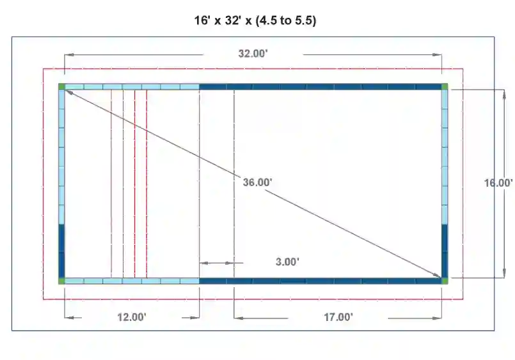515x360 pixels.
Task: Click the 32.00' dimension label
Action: click(253, 54)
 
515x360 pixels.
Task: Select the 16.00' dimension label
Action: click(498, 183)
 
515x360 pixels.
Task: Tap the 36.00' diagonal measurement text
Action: click(257, 182)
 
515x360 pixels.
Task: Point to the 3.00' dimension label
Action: click(287, 262)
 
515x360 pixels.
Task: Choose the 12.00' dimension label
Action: click(132, 317)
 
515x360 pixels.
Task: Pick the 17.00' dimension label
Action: click(338, 317)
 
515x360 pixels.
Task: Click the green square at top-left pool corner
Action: click(61, 86)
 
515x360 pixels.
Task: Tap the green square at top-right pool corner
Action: click(445, 86)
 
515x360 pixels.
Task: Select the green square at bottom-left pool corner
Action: click(61, 281)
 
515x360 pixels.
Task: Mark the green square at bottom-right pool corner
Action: click(445, 281)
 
